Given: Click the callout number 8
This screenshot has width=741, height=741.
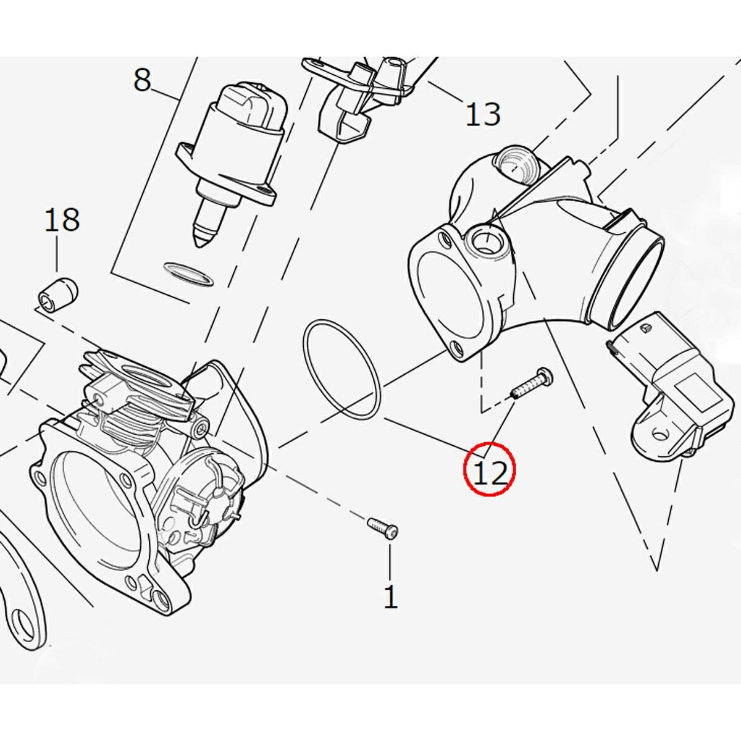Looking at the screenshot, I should [142, 80].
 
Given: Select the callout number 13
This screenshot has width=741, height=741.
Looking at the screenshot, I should [483, 114].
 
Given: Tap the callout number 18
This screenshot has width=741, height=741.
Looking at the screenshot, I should [62, 220].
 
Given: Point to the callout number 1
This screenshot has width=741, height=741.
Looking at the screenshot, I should [390, 597].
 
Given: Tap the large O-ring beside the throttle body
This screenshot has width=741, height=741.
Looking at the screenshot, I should [341, 368].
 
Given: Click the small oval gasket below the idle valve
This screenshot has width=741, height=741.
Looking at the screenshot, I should [189, 275].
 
